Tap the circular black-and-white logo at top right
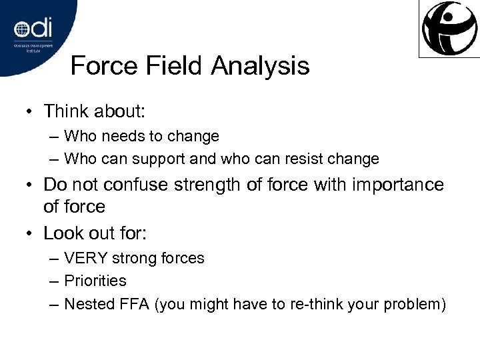449,29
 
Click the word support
161,159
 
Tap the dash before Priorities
71,280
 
